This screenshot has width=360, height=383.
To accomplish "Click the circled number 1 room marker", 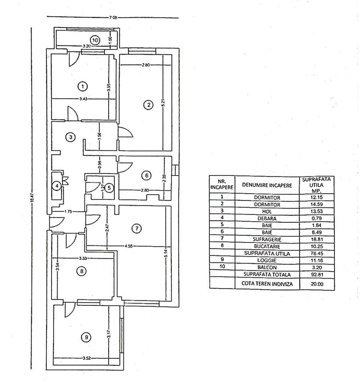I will click(82, 86).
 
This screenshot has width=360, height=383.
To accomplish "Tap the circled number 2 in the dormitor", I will click(148, 105).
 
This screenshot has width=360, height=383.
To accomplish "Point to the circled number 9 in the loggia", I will click(85, 337).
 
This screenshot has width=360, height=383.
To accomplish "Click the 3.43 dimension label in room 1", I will click(83, 99).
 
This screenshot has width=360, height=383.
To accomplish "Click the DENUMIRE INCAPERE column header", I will click(267, 185).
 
